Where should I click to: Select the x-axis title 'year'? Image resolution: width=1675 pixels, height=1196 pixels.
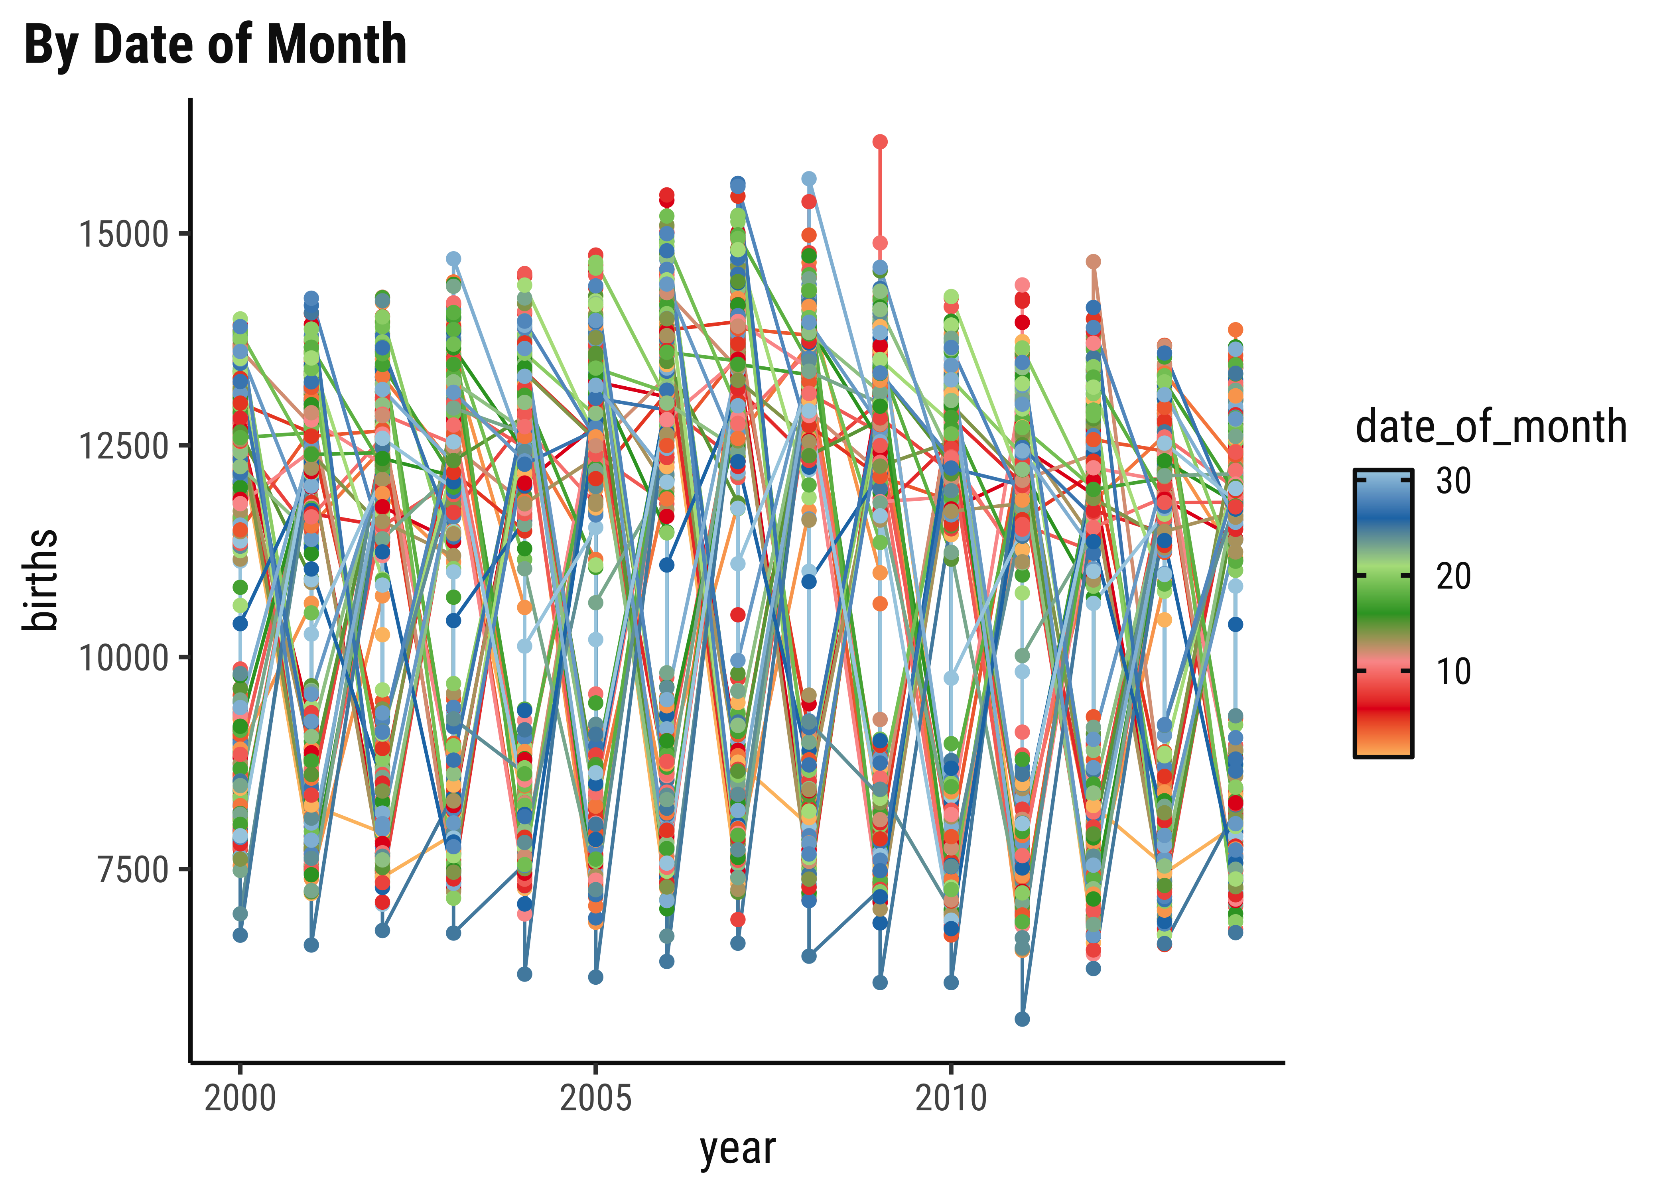tap(737, 1149)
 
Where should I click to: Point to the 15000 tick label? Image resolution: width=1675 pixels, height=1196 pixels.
tap(123, 234)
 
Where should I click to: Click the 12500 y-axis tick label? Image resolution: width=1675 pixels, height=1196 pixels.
tap(123, 446)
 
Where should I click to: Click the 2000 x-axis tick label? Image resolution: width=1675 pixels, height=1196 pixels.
tap(240, 1099)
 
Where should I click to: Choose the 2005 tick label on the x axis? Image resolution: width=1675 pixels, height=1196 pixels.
tap(596, 1099)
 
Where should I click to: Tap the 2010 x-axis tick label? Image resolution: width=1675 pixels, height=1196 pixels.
tap(951, 1099)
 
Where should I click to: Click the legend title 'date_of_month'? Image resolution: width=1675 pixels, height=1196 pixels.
tap(1491, 427)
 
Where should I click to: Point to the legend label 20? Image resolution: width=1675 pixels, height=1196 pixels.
tap(1453, 576)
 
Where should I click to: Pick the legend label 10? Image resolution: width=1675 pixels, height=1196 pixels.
tap(1453, 671)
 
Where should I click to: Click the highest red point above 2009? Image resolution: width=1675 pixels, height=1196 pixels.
tap(879, 142)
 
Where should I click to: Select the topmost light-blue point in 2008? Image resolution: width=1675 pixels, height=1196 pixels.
tap(809, 179)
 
